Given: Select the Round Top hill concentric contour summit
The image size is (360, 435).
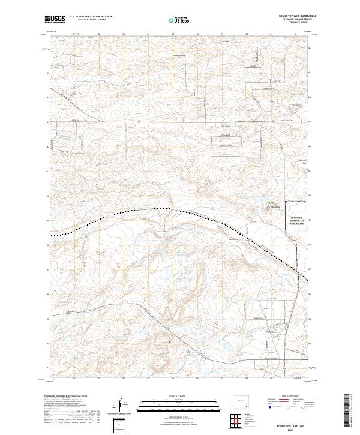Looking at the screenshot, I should click(x=268, y=209).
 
